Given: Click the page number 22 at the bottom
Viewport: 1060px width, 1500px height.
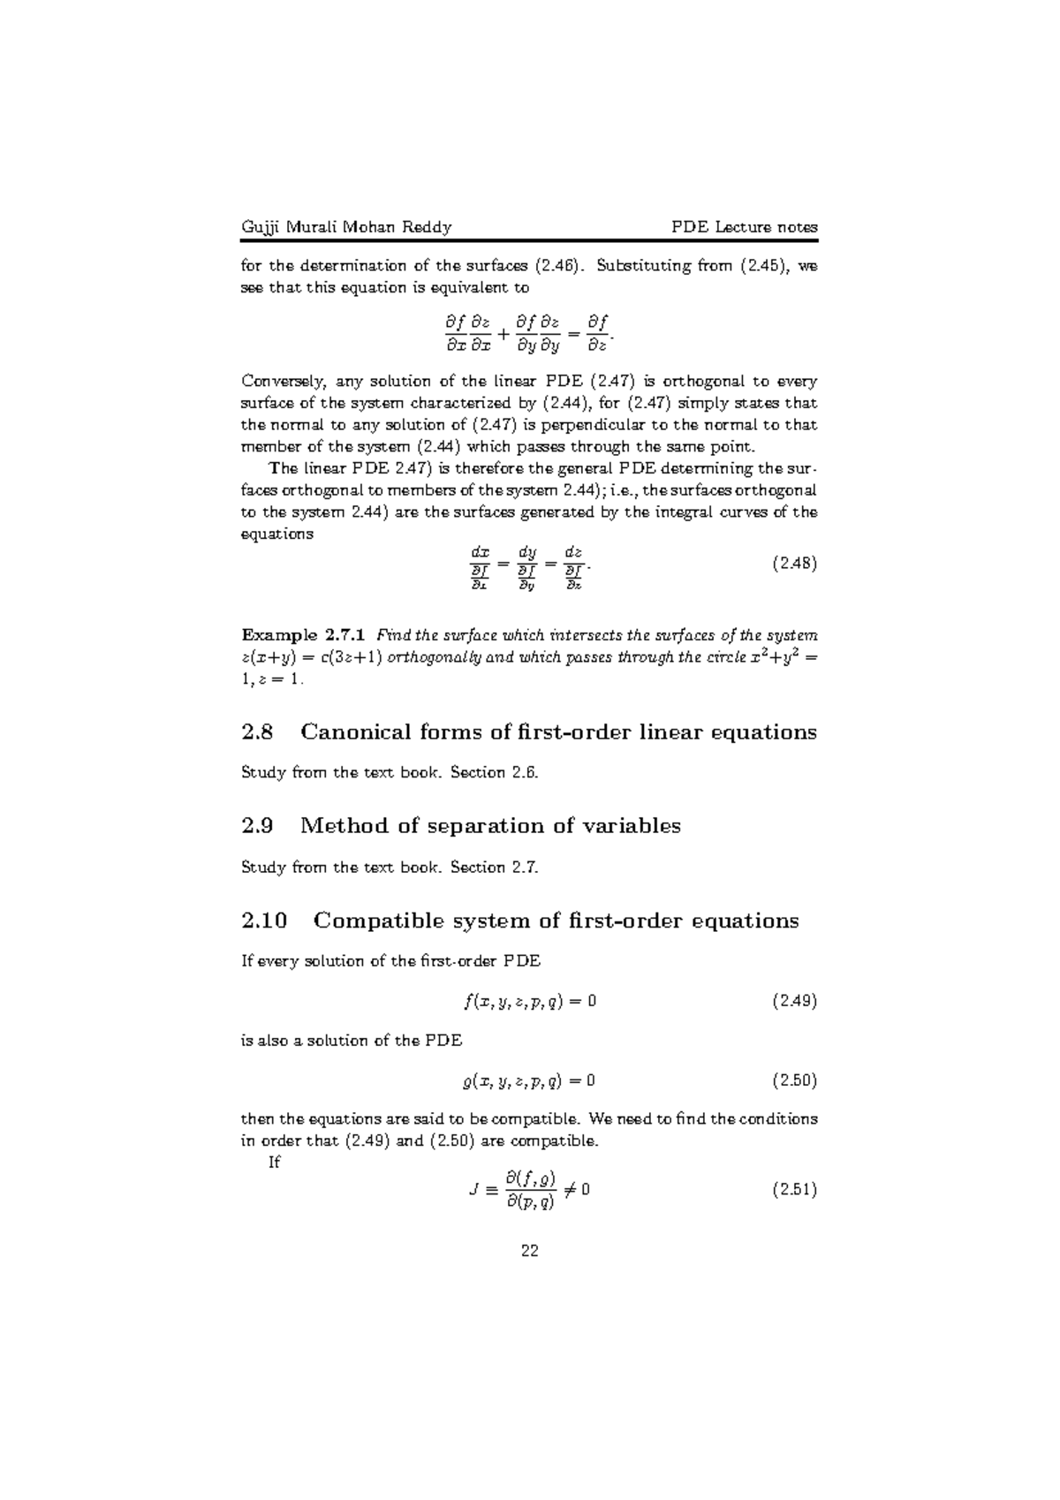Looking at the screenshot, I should (530, 1251).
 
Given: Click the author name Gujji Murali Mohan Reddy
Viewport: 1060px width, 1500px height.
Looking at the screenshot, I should (346, 227).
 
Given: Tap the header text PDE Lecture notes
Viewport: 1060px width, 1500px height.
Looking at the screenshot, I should (745, 227).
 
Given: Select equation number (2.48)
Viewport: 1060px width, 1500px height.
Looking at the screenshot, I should (794, 564).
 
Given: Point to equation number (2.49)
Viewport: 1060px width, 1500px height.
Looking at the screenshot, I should (794, 1001).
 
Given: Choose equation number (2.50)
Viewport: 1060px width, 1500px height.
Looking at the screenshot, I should (794, 1080).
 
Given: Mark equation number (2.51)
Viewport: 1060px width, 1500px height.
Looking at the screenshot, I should (794, 1190).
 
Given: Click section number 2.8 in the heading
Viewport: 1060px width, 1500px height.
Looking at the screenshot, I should (257, 732).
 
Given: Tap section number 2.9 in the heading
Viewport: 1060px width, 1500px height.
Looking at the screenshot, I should (257, 826).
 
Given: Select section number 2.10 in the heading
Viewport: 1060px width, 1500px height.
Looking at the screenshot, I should (264, 920).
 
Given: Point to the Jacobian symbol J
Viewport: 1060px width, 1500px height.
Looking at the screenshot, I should (475, 1191).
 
